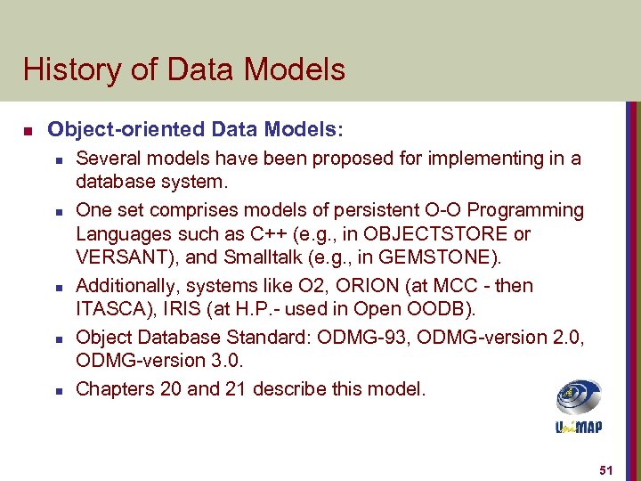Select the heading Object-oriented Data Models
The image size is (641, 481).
coord(194,129)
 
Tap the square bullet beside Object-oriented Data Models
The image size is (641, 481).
coord(28,131)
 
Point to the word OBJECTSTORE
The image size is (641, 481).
coord(433,234)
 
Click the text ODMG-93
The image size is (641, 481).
coord(401,338)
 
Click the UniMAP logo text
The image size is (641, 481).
coord(578,428)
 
